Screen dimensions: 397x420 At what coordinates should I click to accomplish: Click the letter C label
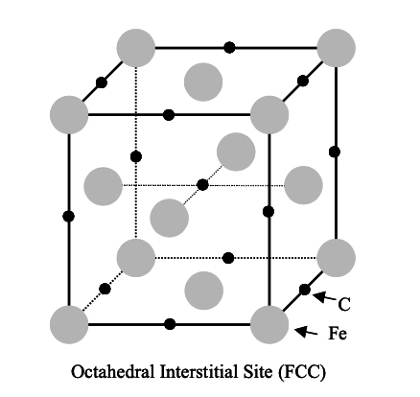point(342,305)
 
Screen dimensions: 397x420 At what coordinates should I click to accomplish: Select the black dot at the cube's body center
point(201,184)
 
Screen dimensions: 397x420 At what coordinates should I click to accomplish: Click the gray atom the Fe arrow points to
point(268,323)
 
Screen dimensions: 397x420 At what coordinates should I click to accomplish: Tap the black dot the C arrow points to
point(305,289)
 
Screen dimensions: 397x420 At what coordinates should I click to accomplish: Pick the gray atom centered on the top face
point(201,78)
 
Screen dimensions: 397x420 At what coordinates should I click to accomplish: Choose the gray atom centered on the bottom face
point(201,289)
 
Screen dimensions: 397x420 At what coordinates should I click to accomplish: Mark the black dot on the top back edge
point(228,46)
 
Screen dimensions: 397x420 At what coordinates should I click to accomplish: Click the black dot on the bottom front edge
point(170,323)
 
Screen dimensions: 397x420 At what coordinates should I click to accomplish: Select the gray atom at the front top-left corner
point(69,114)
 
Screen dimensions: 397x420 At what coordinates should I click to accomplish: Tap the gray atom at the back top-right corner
point(336,46)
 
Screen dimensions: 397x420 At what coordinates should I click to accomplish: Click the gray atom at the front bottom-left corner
point(69,323)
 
